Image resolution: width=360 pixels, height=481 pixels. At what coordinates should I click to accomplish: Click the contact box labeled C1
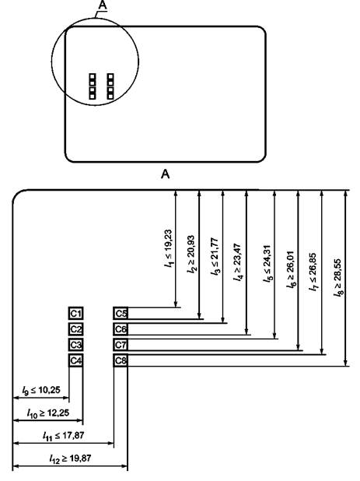[x=75, y=314]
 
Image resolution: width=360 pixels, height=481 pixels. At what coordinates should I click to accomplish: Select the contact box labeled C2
[x=75, y=329]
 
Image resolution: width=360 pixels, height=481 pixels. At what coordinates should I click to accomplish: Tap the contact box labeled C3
[x=75, y=345]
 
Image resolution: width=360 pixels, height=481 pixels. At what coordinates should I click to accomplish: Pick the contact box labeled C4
[x=75, y=360]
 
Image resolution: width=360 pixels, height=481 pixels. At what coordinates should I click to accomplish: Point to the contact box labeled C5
[x=121, y=314]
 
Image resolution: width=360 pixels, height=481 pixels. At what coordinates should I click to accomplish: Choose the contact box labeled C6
[x=121, y=329]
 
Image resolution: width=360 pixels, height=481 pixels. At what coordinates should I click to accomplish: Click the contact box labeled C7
[x=121, y=345]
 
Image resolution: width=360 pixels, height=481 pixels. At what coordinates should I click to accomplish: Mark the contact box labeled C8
[x=121, y=360]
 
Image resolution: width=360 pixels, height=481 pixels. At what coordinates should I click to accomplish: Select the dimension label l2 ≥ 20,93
[x=190, y=255]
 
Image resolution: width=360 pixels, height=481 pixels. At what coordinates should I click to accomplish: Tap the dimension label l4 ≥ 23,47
[x=238, y=262]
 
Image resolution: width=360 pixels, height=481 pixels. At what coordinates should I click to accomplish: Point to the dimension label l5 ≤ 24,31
[x=267, y=263]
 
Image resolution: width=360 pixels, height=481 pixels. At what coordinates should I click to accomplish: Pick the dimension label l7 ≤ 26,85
[x=313, y=272]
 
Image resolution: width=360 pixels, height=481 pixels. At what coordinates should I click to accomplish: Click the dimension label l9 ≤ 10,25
[x=41, y=390]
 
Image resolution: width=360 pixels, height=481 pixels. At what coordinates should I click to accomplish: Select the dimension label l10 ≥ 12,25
[x=47, y=413]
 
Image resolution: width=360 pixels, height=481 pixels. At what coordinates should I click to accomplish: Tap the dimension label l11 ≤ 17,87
[x=64, y=436]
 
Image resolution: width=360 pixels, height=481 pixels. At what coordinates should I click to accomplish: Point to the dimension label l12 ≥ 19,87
[x=70, y=459]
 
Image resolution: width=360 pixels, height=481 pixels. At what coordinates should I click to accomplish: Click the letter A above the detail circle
[x=103, y=5]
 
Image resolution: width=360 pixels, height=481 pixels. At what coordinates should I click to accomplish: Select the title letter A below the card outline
[x=165, y=174]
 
